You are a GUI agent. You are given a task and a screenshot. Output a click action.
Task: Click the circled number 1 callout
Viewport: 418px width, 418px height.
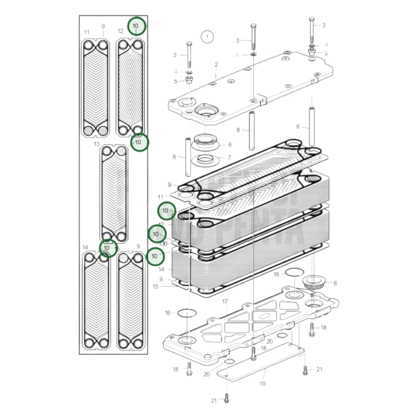(x=207, y=37)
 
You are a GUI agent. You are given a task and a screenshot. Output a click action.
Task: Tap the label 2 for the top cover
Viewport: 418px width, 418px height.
(x=216, y=65)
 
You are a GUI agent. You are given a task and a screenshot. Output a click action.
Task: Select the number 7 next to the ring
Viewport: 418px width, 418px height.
(x=229, y=157)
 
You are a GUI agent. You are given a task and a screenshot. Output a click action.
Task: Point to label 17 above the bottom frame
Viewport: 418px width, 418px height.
(x=225, y=302)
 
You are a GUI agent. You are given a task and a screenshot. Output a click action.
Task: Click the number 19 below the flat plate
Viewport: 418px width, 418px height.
(x=262, y=384)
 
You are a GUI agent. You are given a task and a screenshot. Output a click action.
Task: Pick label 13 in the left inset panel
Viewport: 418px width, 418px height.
(x=96, y=144)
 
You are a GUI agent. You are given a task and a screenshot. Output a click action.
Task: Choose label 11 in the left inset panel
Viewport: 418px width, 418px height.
(x=87, y=32)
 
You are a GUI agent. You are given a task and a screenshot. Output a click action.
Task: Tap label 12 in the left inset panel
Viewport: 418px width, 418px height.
(x=120, y=31)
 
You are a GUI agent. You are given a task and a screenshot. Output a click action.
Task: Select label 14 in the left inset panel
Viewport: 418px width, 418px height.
(x=85, y=247)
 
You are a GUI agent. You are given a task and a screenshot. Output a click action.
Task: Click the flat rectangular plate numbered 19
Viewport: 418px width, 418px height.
(x=260, y=363)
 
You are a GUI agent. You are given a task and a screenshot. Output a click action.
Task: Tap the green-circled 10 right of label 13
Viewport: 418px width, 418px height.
(x=139, y=142)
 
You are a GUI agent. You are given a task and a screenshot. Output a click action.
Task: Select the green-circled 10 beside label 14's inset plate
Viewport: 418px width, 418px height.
(x=108, y=248)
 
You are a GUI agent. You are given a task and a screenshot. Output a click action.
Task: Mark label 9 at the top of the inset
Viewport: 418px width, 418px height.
(x=103, y=26)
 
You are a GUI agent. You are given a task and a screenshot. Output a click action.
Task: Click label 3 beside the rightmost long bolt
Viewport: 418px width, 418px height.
(x=323, y=25)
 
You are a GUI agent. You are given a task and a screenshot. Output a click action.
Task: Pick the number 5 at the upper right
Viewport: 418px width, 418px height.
(x=326, y=53)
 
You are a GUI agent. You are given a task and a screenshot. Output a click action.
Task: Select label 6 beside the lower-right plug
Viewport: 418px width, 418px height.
(x=335, y=283)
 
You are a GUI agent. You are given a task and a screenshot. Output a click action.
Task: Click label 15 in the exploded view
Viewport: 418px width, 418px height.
(x=155, y=287)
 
